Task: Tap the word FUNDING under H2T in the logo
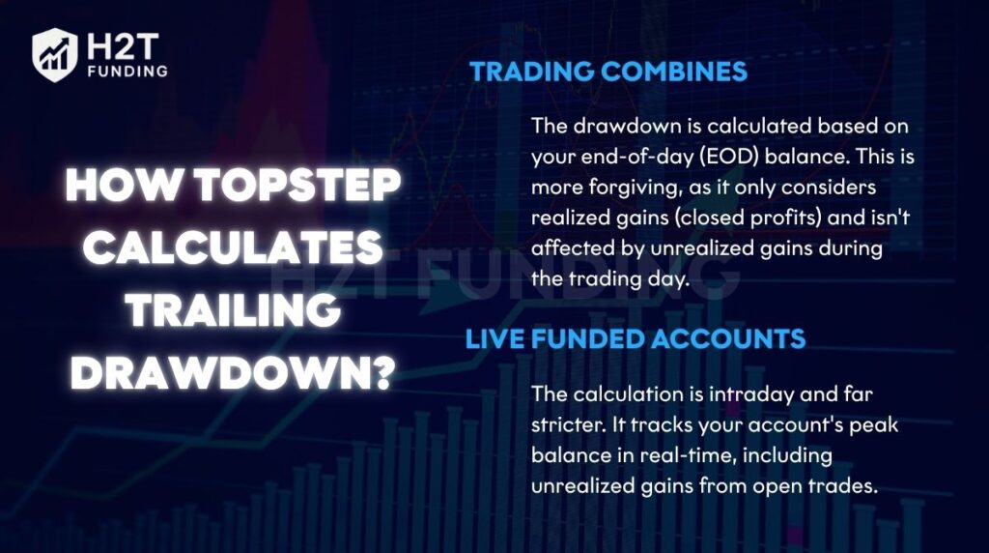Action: click(125, 71)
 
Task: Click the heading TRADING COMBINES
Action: click(608, 72)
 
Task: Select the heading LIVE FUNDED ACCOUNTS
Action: click(636, 339)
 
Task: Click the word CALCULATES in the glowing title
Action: click(232, 248)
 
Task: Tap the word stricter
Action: click(569, 426)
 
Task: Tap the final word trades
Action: click(846, 486)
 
